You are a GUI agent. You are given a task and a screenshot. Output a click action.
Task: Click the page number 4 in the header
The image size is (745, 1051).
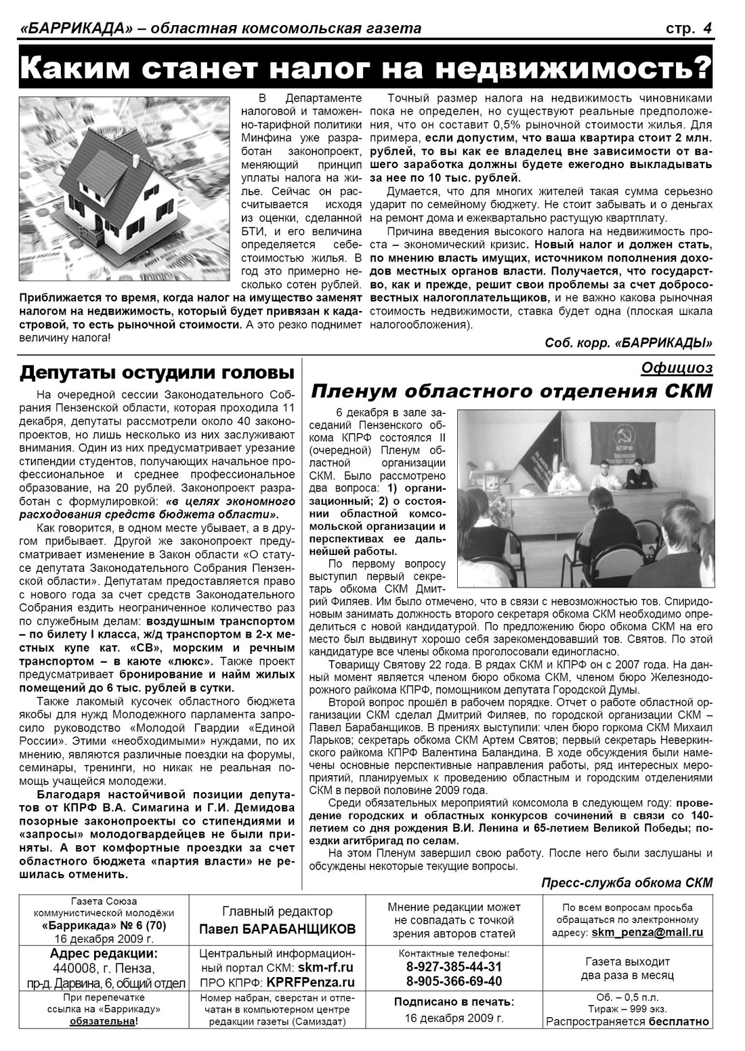707,28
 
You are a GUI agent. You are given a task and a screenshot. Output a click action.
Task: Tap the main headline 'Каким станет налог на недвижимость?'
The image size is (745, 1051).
366,68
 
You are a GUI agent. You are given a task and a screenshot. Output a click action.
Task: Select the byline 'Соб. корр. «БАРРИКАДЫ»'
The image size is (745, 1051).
629,344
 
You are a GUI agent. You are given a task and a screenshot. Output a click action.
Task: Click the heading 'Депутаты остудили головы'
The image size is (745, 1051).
156,373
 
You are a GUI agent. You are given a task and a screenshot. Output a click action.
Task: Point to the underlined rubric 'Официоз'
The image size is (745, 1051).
676,368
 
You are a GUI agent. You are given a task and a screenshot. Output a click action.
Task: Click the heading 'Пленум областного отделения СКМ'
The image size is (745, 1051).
511,392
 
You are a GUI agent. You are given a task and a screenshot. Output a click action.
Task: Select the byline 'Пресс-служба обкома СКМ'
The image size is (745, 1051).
627,882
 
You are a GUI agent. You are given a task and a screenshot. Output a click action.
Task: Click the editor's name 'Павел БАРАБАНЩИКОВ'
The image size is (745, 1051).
277,929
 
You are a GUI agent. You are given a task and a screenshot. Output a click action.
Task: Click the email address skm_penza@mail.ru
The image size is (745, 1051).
647,932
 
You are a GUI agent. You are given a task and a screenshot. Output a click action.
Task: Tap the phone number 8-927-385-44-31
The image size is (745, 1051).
454,966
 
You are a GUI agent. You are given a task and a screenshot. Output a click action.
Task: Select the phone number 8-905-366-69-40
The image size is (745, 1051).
454,981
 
